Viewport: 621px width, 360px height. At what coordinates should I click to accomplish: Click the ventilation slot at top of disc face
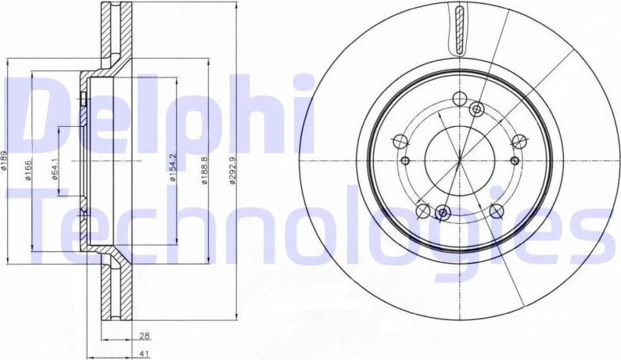click(458, 28)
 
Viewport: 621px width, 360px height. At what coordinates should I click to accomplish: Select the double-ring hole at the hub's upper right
click(477, 110)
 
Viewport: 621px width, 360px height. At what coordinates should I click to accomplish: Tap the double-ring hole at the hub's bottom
click(442, 213)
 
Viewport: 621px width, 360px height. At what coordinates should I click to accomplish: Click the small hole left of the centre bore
click(406, 160)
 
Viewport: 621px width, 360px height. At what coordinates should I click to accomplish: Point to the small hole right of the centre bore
click(514, 159)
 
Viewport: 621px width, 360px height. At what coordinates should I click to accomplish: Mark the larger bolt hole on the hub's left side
click(399, 142)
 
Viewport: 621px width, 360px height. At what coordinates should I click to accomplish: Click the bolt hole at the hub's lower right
click(496, 211)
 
